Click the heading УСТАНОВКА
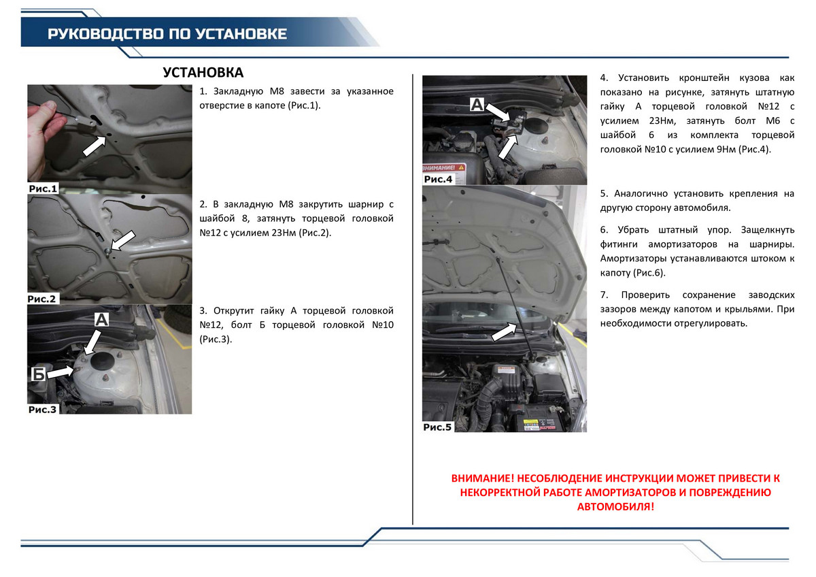pyautogui.click(x=203, y=73)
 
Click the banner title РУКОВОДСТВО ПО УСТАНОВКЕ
pyautogui.click(x=167, y=34)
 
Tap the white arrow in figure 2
pyautogui.click(x=123, y=241)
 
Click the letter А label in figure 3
pyautogui.click(x=101, y=320)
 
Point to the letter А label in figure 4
pyautogui.click(x=477, y=104)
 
